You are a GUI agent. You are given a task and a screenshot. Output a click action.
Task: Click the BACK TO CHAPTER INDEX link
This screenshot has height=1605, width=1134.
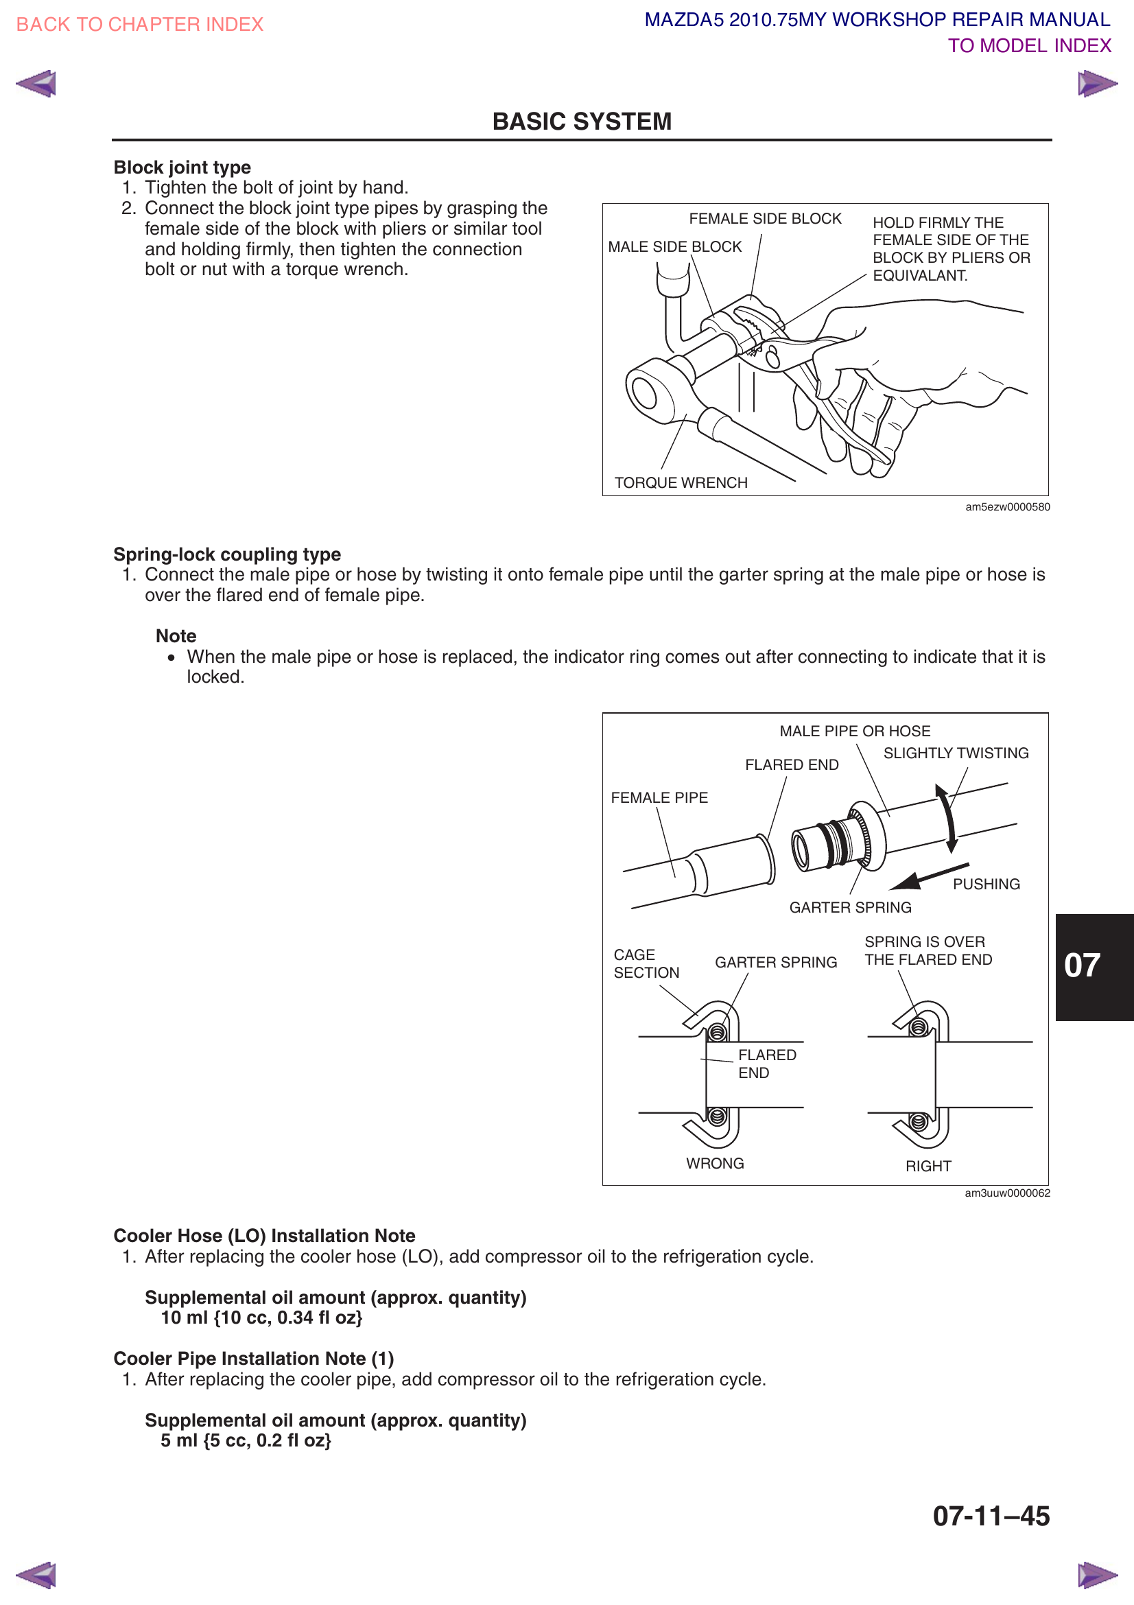[139, 25]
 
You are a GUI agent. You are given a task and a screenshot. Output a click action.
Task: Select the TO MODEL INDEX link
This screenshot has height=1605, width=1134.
[1028, 46]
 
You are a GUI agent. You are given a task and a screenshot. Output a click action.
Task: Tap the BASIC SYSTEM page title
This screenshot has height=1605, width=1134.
[581, 121]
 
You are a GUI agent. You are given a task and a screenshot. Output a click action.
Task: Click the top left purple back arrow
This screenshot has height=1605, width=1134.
[36, 84]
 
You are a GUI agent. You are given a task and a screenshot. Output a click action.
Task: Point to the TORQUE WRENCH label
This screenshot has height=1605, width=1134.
[681, 483]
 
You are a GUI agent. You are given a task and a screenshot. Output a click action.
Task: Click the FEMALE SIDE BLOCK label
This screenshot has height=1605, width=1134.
[764, 219]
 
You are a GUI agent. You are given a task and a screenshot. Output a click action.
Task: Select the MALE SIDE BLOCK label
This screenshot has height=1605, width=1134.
[674, 247]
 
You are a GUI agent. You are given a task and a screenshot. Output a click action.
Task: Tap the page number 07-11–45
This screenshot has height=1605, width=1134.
[990, 1516]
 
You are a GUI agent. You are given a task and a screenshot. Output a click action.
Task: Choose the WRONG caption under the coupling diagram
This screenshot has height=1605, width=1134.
[715, 1163]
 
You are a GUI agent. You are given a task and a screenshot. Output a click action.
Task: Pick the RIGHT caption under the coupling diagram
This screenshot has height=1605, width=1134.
[928, 1166]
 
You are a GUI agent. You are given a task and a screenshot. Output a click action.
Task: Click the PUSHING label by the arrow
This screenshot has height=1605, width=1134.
[986, 884]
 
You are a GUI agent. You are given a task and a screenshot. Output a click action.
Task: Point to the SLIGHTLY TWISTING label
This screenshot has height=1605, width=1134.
[955, 753]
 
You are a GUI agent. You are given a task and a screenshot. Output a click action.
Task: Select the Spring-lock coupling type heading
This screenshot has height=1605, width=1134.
[227, 554]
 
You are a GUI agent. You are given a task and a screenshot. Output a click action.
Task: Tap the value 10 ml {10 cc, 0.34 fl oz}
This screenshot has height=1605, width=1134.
[261, 1317]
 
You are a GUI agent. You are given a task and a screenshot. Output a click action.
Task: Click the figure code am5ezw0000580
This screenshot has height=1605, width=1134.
[1007, 508]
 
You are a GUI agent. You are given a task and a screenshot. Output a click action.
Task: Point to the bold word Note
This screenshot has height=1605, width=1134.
[176, 636]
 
